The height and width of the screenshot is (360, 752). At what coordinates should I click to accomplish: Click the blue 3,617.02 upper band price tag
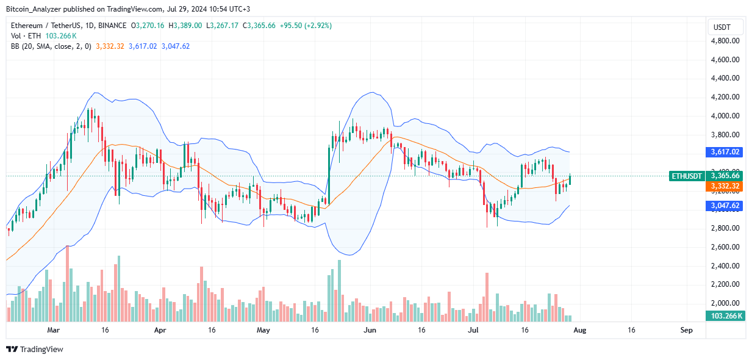pos(726,152)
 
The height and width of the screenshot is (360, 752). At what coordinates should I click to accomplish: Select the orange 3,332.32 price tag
pos(726,185)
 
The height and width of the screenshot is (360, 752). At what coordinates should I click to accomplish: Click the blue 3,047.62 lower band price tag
pos(726,206)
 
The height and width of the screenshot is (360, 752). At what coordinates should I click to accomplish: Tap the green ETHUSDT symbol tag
pos(686,176)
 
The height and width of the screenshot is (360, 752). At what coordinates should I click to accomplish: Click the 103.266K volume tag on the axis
pos(726,316)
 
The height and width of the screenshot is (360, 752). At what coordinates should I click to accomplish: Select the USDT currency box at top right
pos(722,27)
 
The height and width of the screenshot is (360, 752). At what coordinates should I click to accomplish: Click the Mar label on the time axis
pos(54,330)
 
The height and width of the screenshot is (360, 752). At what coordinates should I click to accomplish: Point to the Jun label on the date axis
pos(370,330)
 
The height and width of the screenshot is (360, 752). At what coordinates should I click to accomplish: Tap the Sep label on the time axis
pos(686,330)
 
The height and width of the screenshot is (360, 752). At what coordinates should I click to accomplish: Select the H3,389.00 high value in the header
pos(187,26)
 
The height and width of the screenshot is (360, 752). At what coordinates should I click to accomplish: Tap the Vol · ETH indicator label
pos(26,36)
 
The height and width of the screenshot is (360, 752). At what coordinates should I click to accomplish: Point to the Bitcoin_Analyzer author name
pos(34,9)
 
